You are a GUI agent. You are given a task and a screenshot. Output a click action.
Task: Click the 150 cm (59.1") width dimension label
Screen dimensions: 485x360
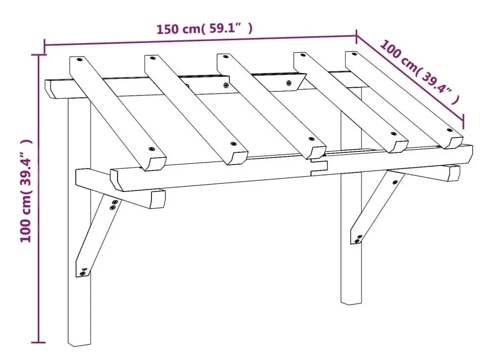tap(204, 29)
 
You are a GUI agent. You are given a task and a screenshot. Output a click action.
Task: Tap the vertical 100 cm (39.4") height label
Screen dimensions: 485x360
tap(25, 191)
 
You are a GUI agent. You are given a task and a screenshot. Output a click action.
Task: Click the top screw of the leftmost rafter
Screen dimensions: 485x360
tap(80, 59)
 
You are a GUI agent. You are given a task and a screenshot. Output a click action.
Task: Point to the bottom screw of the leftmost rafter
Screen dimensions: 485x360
tap(151, 149)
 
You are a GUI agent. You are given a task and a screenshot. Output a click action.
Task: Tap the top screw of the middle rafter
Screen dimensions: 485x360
tap(227, 57)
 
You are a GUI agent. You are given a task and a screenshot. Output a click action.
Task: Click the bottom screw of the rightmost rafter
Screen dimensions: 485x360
tap(449, 130)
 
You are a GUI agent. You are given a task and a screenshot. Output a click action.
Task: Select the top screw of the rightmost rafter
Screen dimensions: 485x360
tap(355, 54)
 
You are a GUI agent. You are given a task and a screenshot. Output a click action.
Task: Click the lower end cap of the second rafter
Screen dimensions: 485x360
tap(238, 158)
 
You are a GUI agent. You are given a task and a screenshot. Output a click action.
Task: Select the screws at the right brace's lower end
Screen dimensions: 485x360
tap(358, 239)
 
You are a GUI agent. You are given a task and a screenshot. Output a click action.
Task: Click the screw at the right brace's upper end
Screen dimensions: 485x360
tap(395, 182)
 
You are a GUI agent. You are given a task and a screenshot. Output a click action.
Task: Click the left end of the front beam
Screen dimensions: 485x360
tap(117, 180)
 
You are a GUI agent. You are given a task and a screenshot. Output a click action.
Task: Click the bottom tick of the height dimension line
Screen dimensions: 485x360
tap(38, 342)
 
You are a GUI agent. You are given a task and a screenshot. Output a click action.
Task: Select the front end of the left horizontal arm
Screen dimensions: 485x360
tap(157, 199)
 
